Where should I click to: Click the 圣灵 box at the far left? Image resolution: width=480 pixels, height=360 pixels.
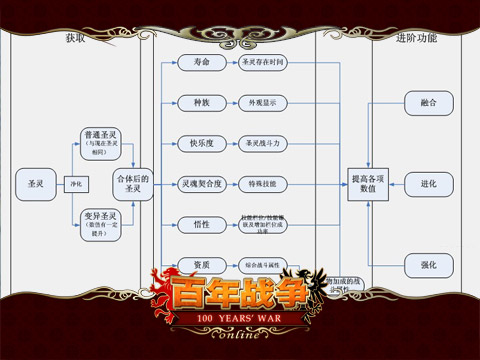click(36, 184)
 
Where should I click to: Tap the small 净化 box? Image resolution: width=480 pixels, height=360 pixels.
click(75, 184)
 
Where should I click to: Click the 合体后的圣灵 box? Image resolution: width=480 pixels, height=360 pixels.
click(132, 184)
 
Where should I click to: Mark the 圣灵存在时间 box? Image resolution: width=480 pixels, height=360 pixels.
click(263, 63)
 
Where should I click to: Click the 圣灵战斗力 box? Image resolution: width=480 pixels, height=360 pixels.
click(263, 143)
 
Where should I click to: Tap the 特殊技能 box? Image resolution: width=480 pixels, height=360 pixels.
click(263, 185)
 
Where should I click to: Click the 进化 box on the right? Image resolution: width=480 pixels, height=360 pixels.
click(428, 184)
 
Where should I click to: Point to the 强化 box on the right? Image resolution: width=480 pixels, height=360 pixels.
click(428, 264)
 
